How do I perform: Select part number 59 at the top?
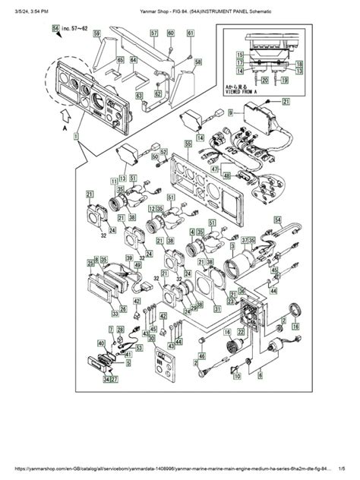point(97,34)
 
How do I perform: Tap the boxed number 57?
point(154,33)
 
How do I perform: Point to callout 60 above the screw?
point(170,33)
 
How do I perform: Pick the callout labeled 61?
point(187,33)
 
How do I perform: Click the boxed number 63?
point(139,96)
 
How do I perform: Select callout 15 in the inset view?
point(239,55)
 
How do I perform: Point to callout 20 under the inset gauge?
point(264,78)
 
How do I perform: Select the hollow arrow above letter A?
point(65,116)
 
